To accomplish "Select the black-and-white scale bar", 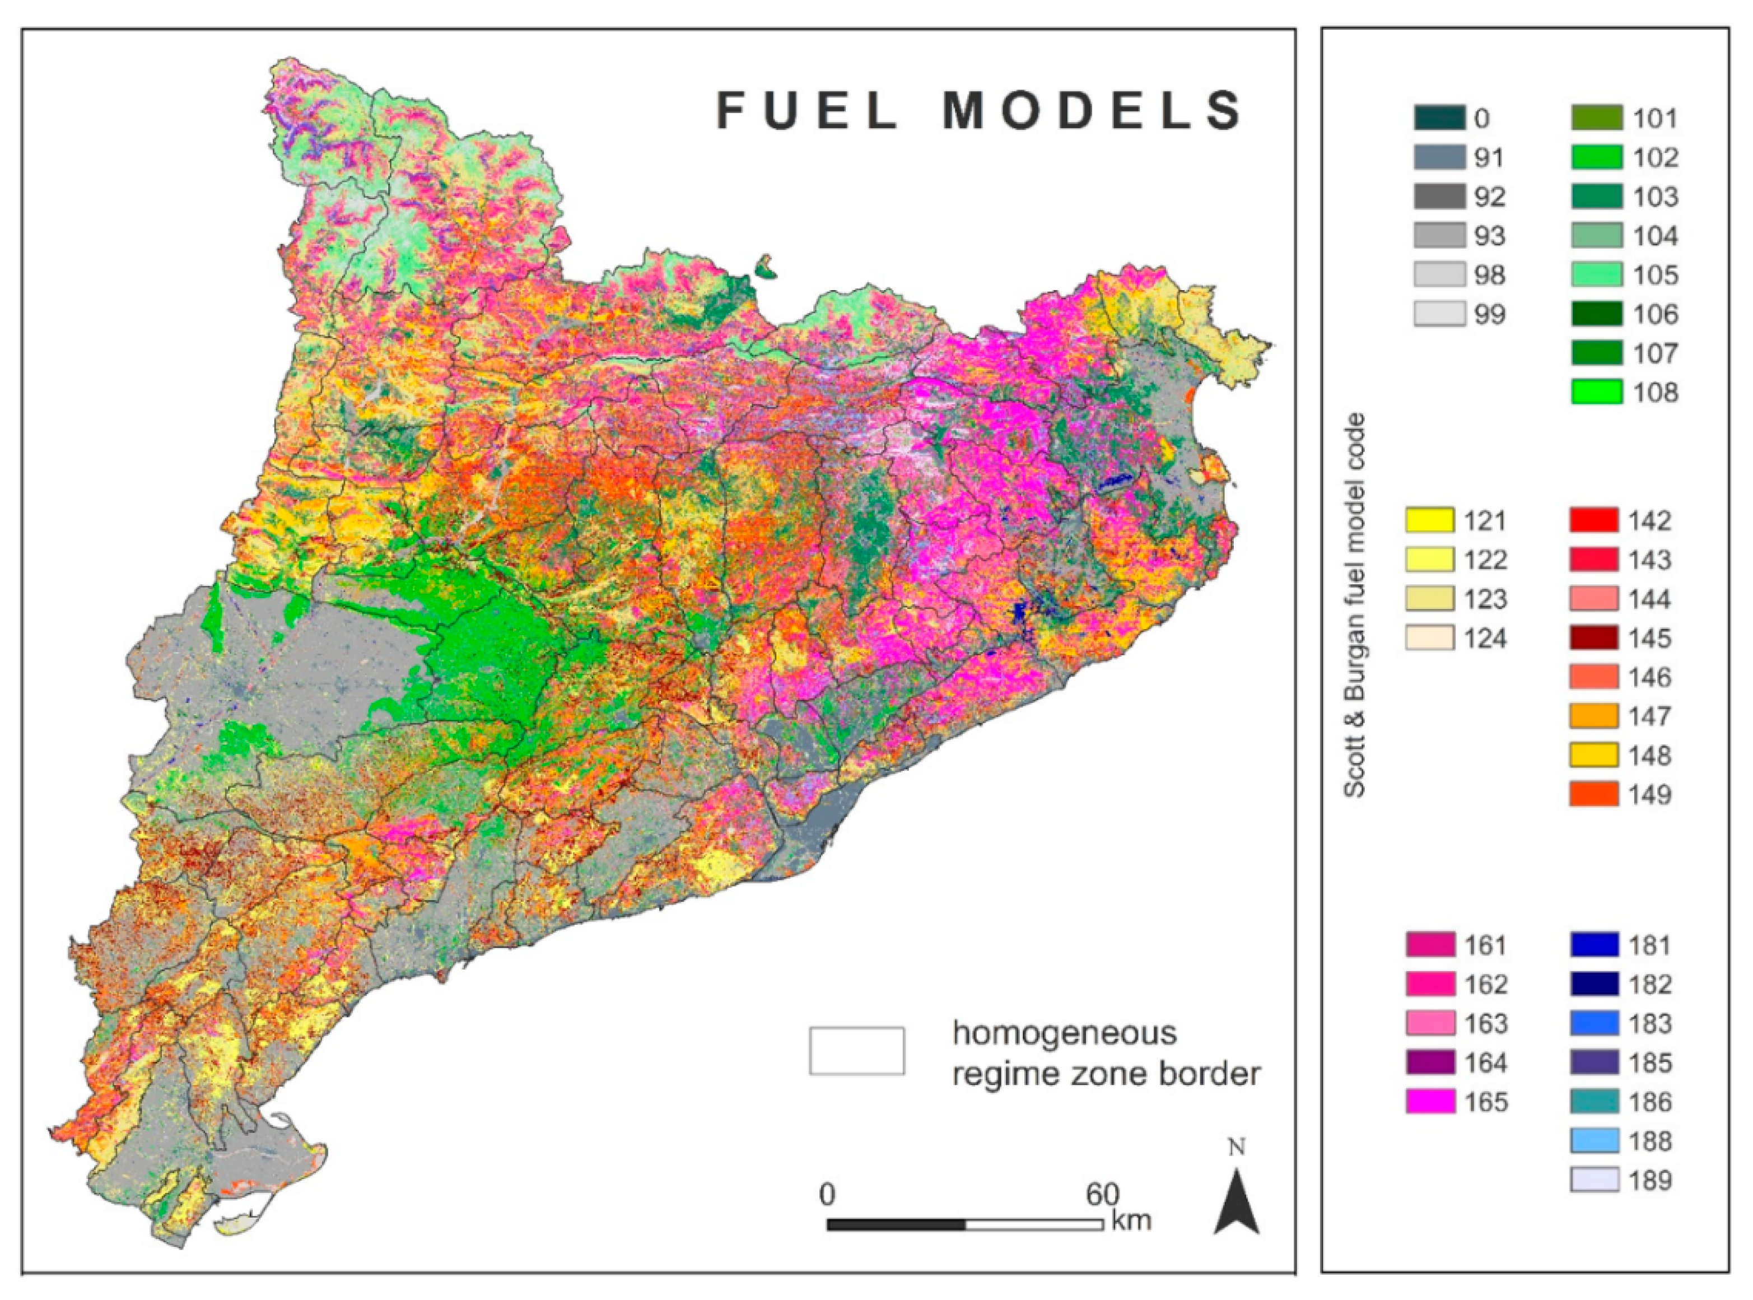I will [964, 1224].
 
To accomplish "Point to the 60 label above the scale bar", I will [1102, 1195].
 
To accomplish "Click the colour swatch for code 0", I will [1439, 118].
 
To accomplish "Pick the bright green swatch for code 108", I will [1596, 392].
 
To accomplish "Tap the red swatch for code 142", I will [1593, 520].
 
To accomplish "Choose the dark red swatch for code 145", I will [1593, 637].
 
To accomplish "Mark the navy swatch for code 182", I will [1594, 984].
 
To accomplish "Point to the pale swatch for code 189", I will [1594, 1180].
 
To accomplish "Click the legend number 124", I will [1485, 638].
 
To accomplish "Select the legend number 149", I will [1649, 795].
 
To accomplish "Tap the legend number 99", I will [1489, 315].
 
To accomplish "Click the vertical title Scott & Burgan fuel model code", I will [1354, 606].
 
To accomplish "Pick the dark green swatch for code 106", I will [1596, 314].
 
